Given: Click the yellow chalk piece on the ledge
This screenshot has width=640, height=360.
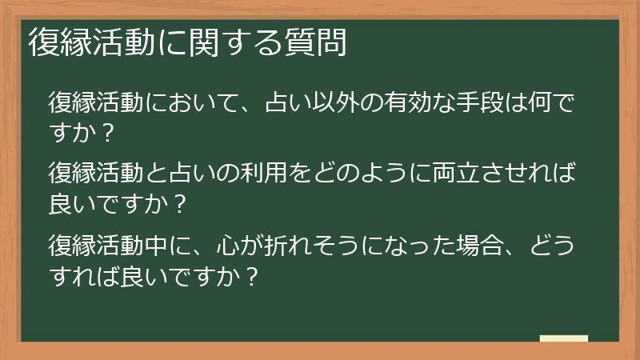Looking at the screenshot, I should [x=564, y=338].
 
